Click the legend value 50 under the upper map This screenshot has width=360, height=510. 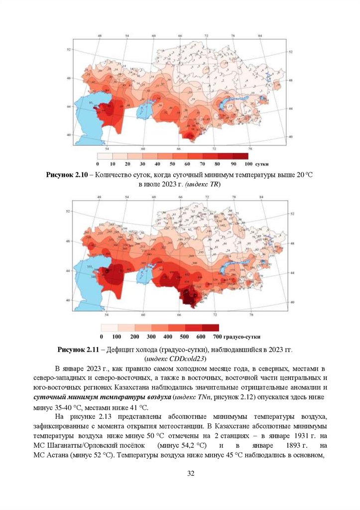(172, 164)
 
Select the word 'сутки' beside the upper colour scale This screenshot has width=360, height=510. (262, 164)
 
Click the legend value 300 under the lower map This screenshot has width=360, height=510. (151, 337)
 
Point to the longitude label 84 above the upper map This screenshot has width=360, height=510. (259, 36)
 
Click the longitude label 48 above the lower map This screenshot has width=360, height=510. (100, 197)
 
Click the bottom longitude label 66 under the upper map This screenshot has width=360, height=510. (179, 149)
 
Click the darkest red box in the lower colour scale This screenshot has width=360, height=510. (210, 328)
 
